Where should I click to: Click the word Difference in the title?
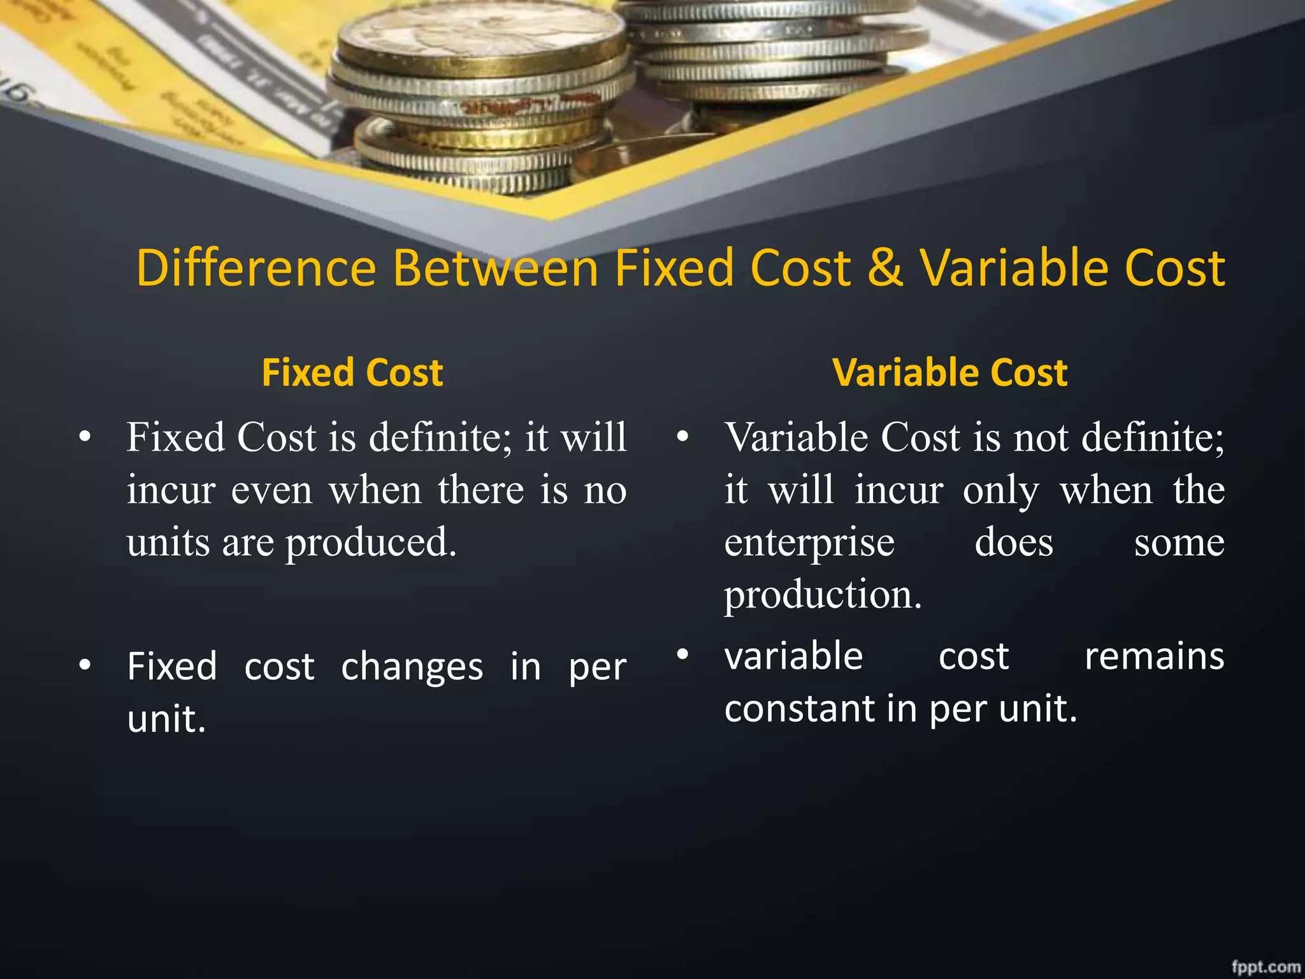pos(256,268)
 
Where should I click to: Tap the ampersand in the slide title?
pos(885,268)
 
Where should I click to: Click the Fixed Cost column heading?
pos(352,372)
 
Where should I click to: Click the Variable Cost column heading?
pos(949,372)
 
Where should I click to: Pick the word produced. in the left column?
pos(371,544)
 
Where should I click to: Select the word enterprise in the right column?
pos(809,544)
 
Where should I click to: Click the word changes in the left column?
pos(412,667)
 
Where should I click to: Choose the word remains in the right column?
pos(1154,656)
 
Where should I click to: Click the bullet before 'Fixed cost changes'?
pos(85,665)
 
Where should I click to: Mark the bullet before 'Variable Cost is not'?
pos(682,437)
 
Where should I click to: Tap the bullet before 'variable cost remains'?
pos(682,655)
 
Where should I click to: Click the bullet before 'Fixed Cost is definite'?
pos(85,437)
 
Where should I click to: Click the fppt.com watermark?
pos(1265,966)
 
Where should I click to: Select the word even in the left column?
pos(271,491)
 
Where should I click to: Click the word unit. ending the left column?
pos(166,720)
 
